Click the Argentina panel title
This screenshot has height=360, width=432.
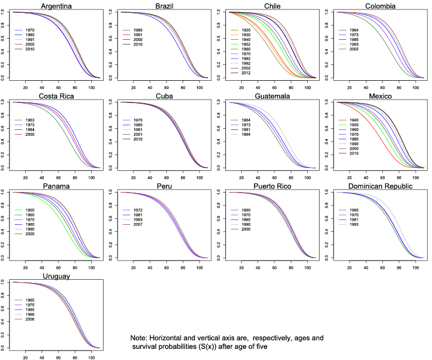(x=56, y=6)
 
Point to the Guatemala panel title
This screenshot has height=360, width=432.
(x=271, y=96)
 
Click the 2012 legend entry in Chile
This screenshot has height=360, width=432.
(x=247, y=73)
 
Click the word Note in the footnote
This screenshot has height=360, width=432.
(x=140, y=339)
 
